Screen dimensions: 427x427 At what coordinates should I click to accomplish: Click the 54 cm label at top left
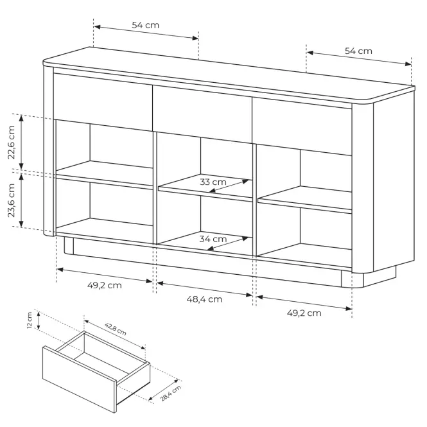click(145, 25)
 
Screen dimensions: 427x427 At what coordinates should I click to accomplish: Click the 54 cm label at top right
click(358, 51)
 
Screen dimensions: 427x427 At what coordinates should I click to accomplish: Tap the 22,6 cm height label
click(11, 142)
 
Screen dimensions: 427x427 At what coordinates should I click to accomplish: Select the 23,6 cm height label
click(11, 200)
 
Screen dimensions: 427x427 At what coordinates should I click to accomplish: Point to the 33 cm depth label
click(213, 182)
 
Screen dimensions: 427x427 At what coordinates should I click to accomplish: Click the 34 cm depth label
click(213, 239)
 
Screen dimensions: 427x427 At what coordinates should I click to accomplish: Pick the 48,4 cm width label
click(204, 299)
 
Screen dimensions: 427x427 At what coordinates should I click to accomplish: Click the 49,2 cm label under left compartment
click(104, 285)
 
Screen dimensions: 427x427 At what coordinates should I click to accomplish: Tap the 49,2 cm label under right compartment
click(304, 313)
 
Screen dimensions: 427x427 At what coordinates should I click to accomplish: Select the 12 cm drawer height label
click(30, 320)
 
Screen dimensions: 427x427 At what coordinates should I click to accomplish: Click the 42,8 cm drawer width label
click(116, 329)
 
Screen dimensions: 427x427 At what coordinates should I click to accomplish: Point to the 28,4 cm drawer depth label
click(170, 393)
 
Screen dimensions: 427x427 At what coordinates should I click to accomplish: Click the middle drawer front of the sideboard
click(202, 114)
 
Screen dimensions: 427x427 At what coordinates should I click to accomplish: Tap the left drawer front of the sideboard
click(103, 101)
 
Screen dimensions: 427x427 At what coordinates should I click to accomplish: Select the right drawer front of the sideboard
click(302, 126)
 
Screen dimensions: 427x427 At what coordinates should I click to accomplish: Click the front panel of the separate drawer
click(80, 379)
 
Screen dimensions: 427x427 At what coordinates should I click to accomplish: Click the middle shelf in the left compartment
click(104, 175)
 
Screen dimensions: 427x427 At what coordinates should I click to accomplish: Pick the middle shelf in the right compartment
click(305, 200)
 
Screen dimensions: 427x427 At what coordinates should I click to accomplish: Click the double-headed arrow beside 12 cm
click(39, 320)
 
